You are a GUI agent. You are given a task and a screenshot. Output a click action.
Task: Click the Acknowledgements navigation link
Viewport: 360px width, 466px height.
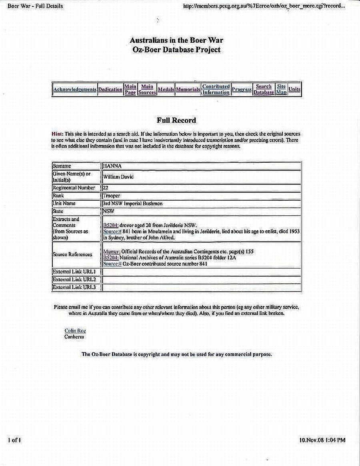point(75,90)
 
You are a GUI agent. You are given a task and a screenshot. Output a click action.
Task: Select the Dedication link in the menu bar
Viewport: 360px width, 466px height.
point(110,90)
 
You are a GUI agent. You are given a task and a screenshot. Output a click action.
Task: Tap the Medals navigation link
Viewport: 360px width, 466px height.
point(166,90)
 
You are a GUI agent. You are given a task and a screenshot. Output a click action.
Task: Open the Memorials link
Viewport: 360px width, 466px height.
point(188,90)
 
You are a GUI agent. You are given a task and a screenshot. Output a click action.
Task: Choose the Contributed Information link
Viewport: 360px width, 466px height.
point(216,90)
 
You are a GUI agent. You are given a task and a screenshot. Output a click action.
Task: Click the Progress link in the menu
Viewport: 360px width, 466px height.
point(242,90)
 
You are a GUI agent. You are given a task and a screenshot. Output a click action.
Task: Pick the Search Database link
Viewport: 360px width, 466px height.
point(264,90)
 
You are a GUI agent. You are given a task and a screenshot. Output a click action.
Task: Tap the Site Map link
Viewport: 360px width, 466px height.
point(281,90)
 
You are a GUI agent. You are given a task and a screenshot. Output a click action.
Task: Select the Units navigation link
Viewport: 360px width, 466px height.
point(294,90)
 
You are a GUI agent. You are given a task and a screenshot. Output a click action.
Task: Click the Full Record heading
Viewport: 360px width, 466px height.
point(176,120)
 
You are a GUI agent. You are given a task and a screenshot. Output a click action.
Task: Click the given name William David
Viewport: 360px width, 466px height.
point(118,177)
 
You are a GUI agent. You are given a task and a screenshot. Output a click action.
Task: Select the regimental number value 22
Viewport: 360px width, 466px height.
point(106,187)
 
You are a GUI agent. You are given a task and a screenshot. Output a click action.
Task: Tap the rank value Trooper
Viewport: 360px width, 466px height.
point(112,195)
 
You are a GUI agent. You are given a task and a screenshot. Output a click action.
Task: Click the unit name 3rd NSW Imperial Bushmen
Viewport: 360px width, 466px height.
point(132,203)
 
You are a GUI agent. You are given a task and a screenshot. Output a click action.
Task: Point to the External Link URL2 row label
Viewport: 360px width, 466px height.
point(74,279)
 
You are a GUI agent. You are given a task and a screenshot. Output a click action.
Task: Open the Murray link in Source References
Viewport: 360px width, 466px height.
point(112,252)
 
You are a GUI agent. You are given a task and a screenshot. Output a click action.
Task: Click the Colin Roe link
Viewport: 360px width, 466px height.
point(75,331)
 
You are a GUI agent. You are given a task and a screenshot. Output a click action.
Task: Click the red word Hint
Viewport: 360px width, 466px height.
point(57,134)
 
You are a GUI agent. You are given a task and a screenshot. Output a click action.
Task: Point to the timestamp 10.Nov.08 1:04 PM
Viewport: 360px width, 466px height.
point(322,440)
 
